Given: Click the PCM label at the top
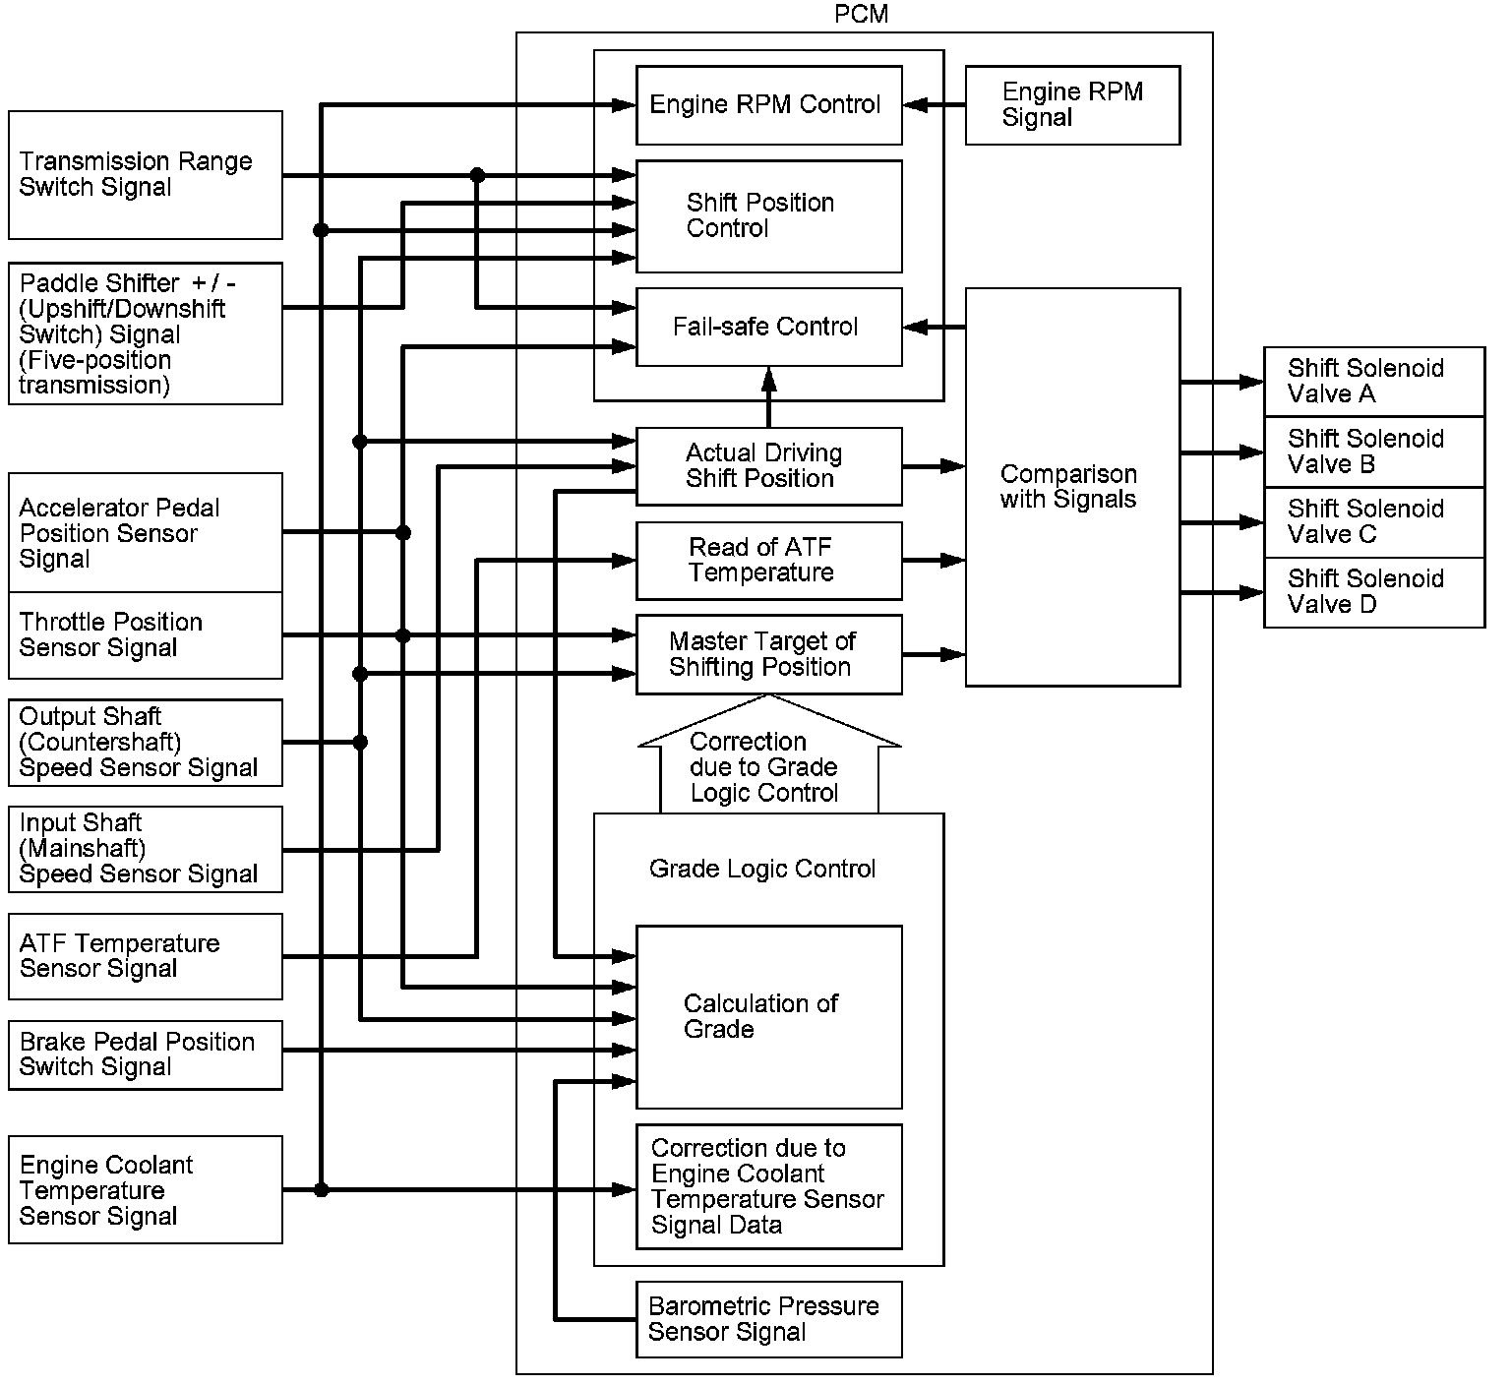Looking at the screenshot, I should pos(861,14).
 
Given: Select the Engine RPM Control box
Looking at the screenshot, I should pos(768,105).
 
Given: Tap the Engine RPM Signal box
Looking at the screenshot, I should pos(1072,105).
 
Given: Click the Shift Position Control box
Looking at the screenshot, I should pos(768,216).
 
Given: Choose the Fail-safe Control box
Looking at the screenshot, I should pos(768,327).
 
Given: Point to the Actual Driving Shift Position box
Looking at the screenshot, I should pos(768,466).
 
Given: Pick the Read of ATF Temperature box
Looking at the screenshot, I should pos(768,561).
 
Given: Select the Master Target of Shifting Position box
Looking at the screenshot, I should pos(768,654).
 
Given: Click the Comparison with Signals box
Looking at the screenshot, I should pos(1072,487).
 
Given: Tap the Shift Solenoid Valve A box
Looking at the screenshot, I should pos(1373,382).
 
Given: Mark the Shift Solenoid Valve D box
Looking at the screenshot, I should pos(1373,592).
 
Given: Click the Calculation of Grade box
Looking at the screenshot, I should pos(768,1016).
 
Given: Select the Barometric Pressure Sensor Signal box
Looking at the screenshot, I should pos(768,1319).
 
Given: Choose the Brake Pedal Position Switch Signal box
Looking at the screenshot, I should pos(146,1054).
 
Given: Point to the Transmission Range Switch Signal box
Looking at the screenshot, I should pos(146,175).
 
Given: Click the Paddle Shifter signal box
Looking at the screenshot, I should pos(146,333).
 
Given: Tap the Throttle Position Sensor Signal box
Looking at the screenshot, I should pos(146,635).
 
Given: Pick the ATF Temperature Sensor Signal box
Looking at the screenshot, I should pos(146,956).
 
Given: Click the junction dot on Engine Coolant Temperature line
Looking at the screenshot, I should pos(321,1190).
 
